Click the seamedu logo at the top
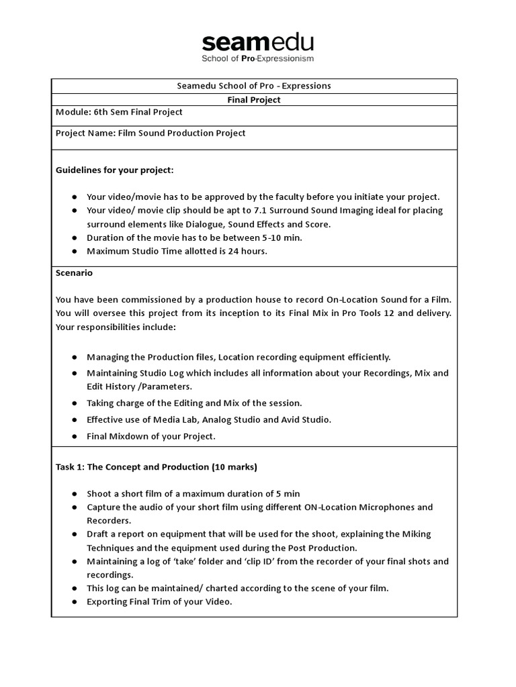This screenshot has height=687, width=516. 257,43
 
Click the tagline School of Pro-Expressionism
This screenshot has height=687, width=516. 257,59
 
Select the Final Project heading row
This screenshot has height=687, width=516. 255,99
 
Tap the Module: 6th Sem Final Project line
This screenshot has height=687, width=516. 119,112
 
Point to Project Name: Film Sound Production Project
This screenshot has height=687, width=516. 150,133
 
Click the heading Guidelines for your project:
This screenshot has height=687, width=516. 114,170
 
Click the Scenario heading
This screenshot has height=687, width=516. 74,273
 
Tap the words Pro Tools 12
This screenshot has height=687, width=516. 381,313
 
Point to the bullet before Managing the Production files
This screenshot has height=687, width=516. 73,357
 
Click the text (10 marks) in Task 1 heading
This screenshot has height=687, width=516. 234,466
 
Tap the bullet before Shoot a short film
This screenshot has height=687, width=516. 73,493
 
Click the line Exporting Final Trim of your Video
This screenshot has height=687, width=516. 159,601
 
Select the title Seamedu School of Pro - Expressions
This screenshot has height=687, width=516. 255,86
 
